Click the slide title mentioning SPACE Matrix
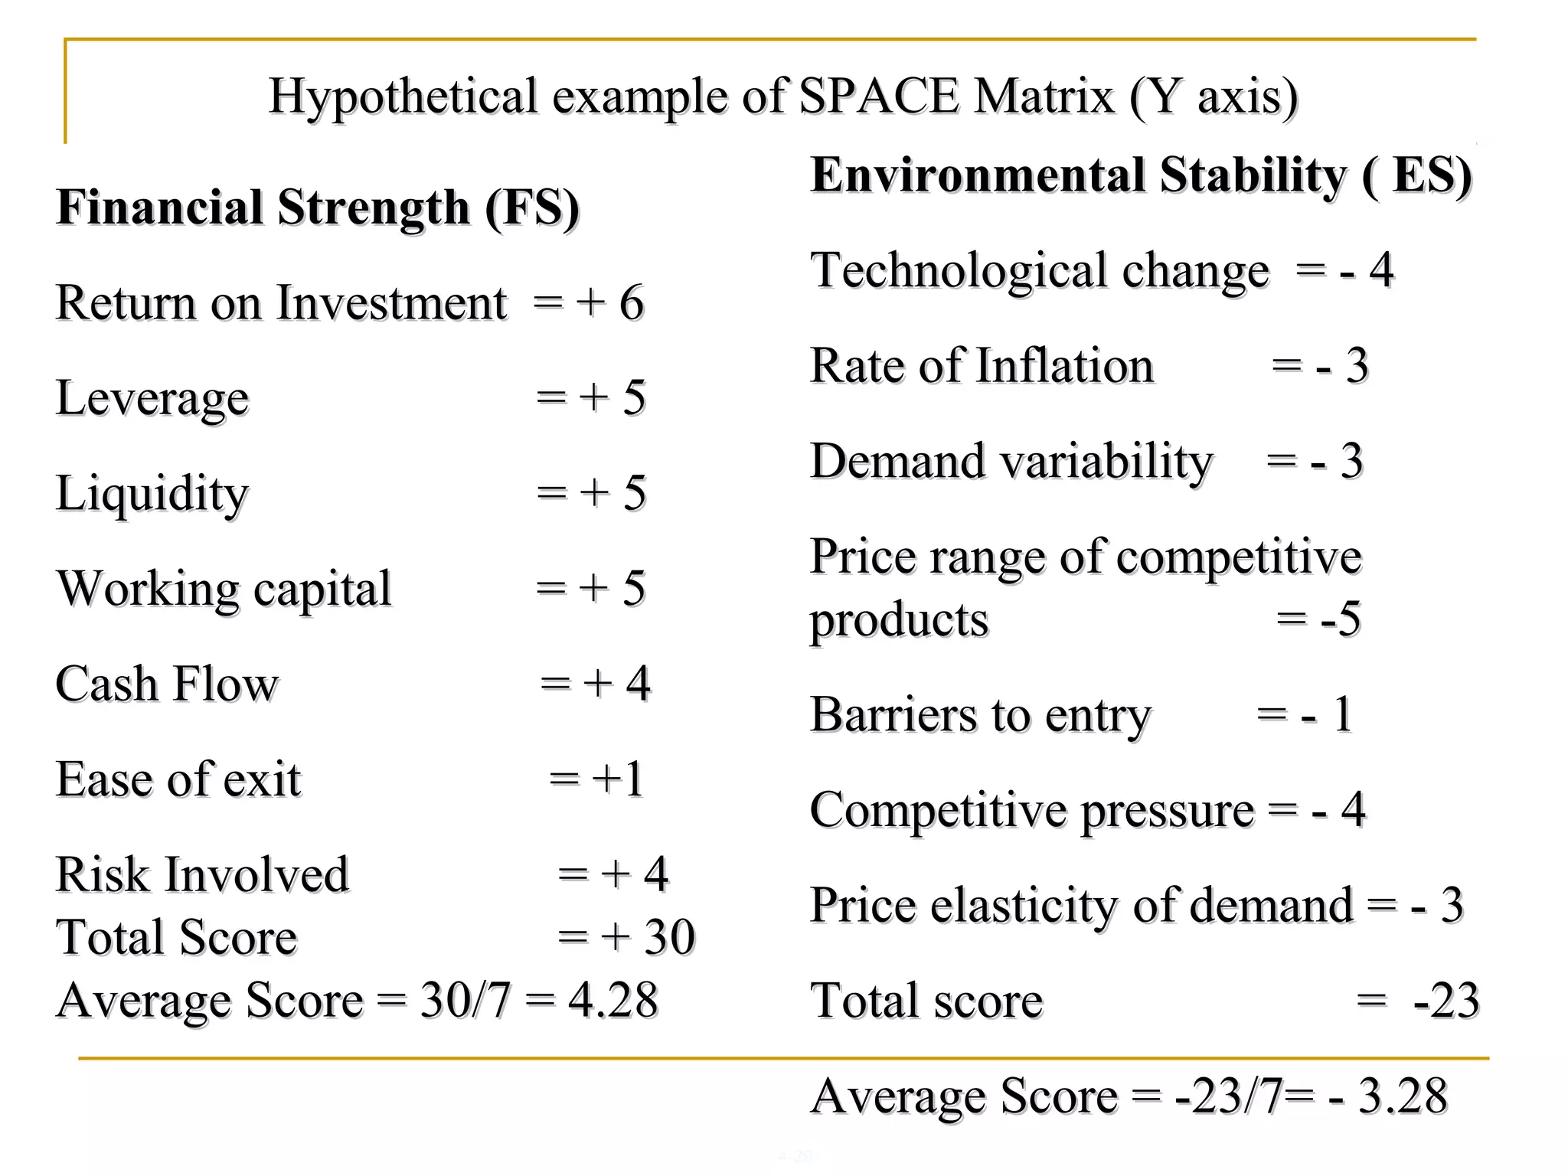(x=782, y=96)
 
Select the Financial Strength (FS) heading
(x=318, y=208)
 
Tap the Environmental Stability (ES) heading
(x=1141, y=175)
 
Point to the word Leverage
(x=152, y=399)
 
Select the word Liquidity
(x=152, y=494)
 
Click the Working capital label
(x=224, y=590)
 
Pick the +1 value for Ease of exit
(x=617, y=779)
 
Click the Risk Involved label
(x=202, y=874)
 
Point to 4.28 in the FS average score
(x=612, y=1000)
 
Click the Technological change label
(x=1040, y=271)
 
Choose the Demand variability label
(x=1011, y=462)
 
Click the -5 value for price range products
(x=1341, y=619)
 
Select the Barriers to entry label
(x=980, y=715)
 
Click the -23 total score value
(x=1445, y=1001)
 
